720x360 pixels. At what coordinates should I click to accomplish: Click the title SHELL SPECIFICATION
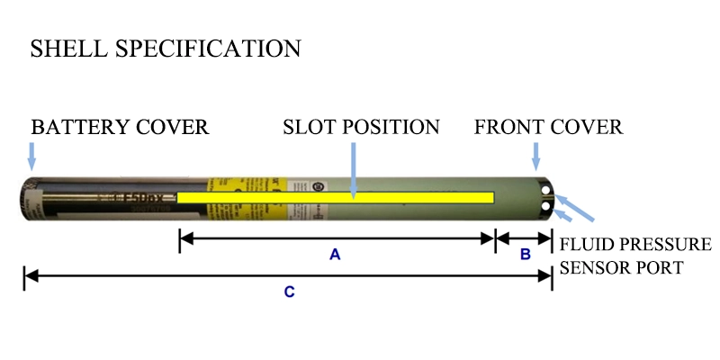pos(166,49)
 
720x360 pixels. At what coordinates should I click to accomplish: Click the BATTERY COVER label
pos(120,126)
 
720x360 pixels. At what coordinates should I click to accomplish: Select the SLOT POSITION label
pos(361,126)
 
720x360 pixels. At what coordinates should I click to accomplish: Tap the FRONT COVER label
pos(548,126)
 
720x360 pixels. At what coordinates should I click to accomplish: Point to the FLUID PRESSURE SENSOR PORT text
pos(635,256)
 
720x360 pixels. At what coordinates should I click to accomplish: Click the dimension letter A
pos(335,255)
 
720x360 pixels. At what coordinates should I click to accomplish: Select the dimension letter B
pos(526,255)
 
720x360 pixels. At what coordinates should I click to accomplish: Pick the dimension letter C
pos(289,292)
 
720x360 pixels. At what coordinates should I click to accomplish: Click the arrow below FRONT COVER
pos(536,156)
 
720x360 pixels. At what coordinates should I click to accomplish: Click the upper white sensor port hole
pos(547,189)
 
